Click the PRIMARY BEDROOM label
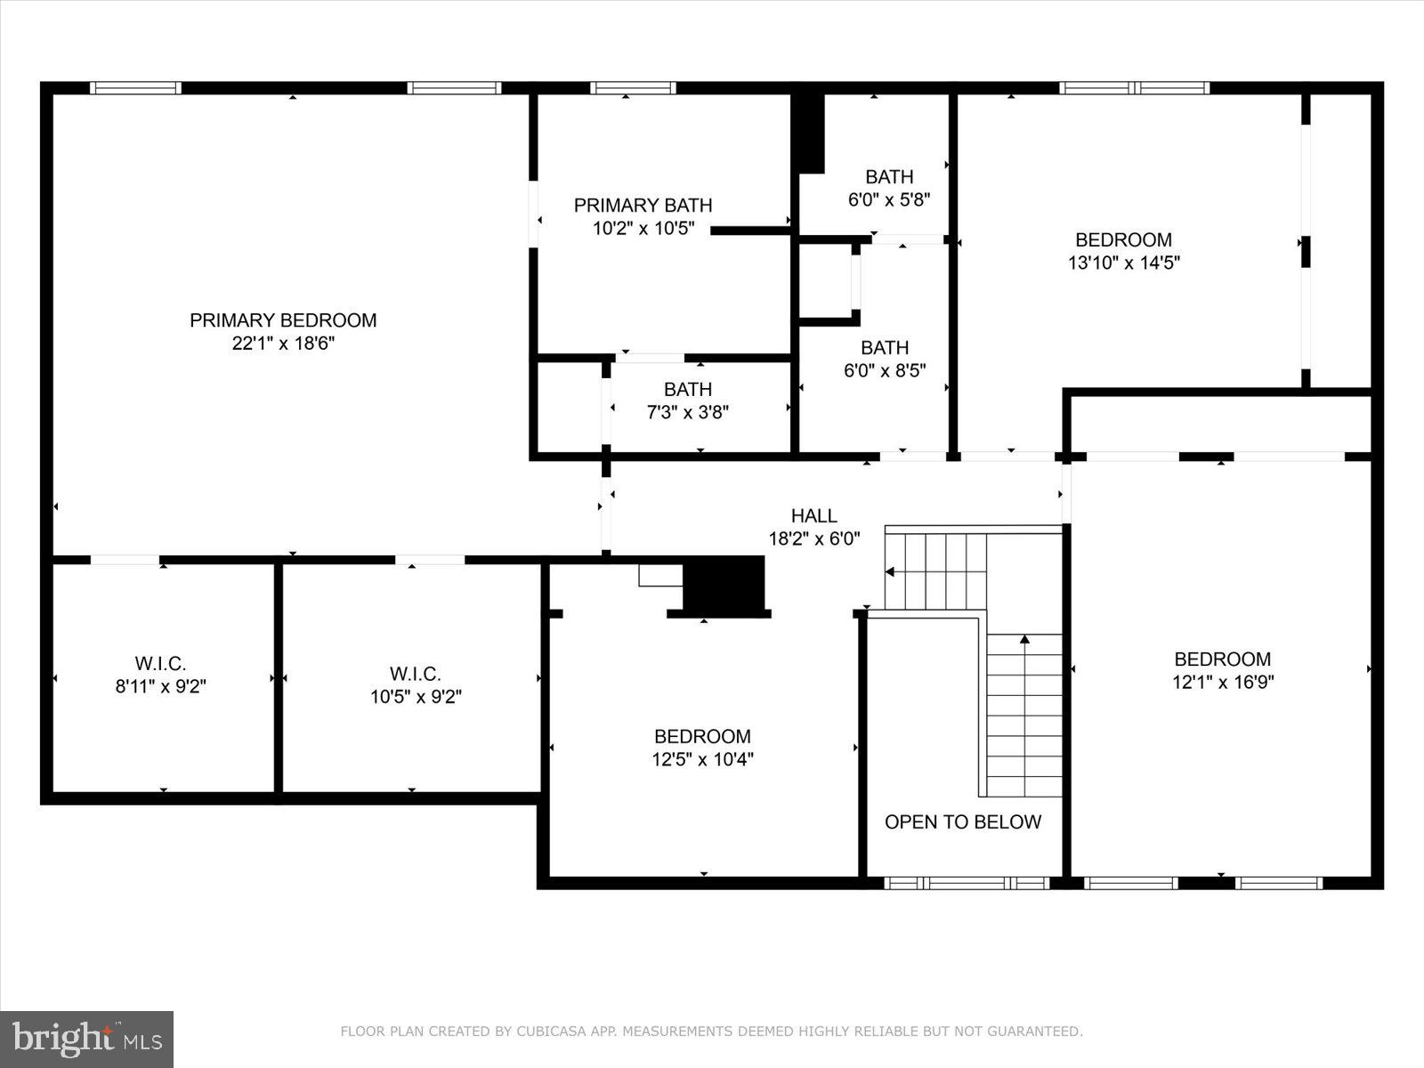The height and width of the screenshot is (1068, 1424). pyautogui.click(x=283, y=320)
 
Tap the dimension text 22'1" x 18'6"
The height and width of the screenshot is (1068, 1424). pyautogui.click(x=283, y=344)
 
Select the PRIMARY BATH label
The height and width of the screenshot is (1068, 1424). pyautogui.click(x=643, y=206)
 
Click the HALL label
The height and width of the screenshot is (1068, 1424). pyautogui.click(x=813, y=516)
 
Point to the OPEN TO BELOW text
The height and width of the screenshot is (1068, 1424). pyautogui.click(x=962, y=821)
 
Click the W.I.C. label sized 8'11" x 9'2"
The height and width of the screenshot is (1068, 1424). pyautogui.click(x=160, y=664)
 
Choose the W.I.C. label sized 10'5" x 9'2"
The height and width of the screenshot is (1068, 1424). pyautogui.click(x=415, y=675)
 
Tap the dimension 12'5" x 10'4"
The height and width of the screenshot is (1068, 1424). pyautogui.click(x=702, y=760)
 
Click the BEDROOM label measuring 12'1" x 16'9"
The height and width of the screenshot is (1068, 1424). pyautogui.click(x=1222, y=659)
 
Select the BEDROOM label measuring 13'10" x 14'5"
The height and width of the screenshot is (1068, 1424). pyautogui.click(x=1123, y=240)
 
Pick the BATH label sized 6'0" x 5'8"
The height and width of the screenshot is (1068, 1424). pyautogui.click(x=889, y=177)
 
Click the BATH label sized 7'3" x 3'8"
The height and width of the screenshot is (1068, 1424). pyautogui.click(x=687, y=390)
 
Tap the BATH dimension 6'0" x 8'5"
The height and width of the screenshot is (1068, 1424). pyautogui.click(x=885, y=371)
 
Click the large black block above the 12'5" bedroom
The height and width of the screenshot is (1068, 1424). pyautogui.click(x=724, y=583)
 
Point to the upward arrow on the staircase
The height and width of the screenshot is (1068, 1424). pyautogui.click(x=1024, y=639)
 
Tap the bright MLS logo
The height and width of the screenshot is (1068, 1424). pyautogui.click(x=86, y=1039)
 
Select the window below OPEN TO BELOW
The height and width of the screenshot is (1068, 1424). pyautogui.click(x=967, y=883)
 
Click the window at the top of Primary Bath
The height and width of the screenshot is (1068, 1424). pyautogui.click(x=633, y=87)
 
